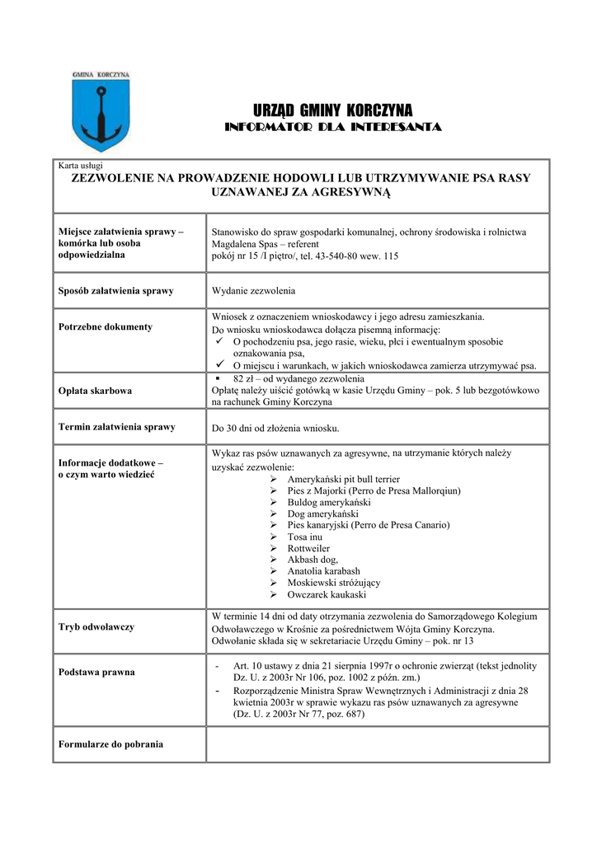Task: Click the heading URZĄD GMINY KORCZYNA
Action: pyautogui.click(x=333, y=110)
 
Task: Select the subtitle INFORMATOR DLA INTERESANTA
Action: pyautogui.click(x=333, y=127)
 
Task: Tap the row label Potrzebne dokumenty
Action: pyautogui.click(x=106, y=327)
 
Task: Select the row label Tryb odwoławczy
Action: pyautogui.click(x=96, y=627)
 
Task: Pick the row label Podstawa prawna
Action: pyautogui.click(x=96, y=673)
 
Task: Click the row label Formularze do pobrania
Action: pyautogui.click(x=110, y=744)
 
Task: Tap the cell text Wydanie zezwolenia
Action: pyautogui.click(x=253, y=291)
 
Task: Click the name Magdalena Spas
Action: pyautogui.click(x=244, y=245)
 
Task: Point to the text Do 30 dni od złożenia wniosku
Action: pyautogui.click(x=275, y=429)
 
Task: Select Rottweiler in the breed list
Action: pyautogui.click(x=308, y=548)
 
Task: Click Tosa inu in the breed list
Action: pyautogui.click(x=304, y=537)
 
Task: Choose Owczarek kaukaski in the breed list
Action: pyautogui.click(x=327, y=594)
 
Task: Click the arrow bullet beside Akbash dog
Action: pyautogui.click(x=275, y=560)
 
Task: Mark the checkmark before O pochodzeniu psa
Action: pyautogui.click(x=219, y=340)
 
